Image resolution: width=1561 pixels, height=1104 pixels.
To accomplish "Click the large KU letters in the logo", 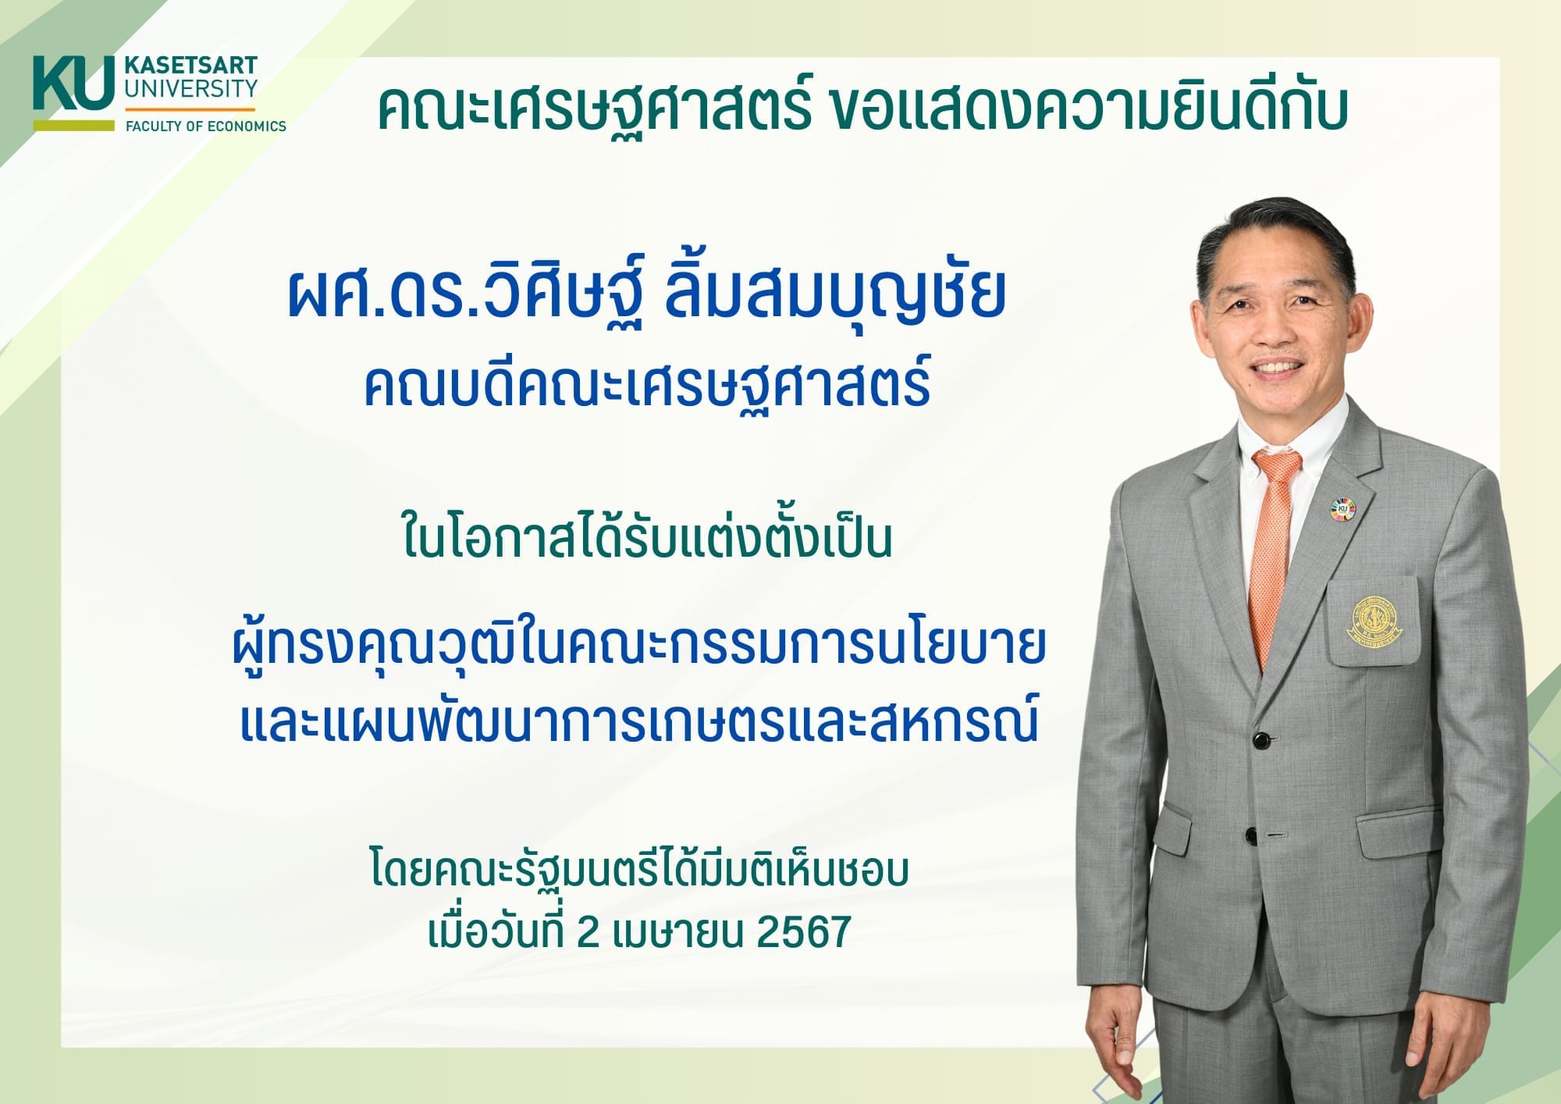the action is (x=73, y=83).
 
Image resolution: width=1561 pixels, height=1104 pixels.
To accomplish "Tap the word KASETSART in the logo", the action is (x=190, y=66).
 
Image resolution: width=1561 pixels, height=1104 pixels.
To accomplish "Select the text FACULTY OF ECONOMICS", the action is (x=206, y=126).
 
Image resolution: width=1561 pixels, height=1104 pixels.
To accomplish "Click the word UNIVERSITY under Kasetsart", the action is (x=190, y=89).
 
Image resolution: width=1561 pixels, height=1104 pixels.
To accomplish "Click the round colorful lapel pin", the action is (x=1341, y=510).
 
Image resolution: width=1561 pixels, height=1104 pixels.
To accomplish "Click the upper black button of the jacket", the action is (x=1259, y=739).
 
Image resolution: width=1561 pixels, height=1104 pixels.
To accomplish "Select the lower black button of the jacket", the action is (x=1251, y=835).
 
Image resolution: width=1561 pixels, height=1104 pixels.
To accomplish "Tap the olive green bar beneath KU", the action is (x=73, y=125).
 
